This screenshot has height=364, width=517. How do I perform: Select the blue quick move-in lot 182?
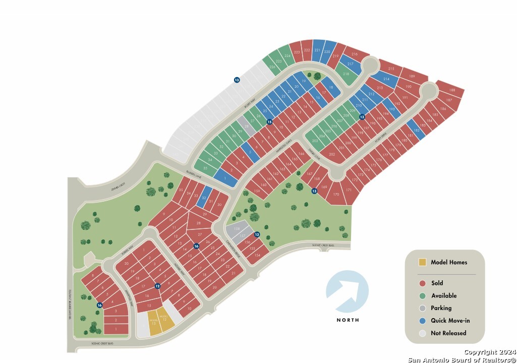417,130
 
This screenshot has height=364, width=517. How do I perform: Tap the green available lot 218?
346,74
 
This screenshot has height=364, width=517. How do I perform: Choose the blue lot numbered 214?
387,79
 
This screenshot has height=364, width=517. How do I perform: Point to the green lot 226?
272,67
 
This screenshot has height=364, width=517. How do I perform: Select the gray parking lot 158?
237,229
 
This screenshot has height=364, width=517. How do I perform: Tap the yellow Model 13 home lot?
153,321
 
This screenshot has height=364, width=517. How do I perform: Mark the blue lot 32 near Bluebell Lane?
204,198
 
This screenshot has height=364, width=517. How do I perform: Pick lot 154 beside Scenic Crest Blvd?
257,255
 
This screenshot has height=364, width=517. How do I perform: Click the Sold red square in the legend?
422,283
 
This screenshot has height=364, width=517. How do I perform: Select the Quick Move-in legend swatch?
422,321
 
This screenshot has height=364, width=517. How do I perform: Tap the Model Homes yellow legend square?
422,262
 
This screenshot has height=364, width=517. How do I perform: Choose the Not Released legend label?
448,333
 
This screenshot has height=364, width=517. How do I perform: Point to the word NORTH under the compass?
348,320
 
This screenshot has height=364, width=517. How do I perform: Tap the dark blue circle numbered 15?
270,122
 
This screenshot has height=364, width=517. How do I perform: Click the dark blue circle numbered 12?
157,286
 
